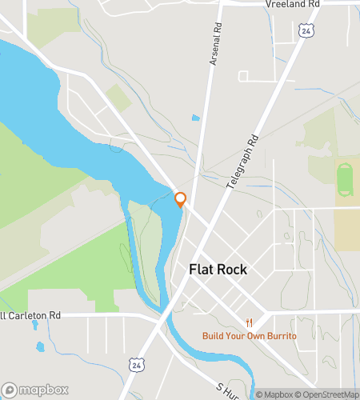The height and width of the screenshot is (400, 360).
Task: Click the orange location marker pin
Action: point(180,199)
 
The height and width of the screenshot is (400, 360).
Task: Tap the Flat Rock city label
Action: point(218,270)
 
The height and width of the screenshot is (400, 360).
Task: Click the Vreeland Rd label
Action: point(292,5)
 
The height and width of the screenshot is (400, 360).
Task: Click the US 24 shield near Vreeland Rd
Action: point(307,30)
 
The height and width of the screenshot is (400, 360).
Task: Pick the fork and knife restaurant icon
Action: point(250,323)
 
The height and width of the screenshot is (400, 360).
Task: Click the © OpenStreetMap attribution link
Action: point(327,394)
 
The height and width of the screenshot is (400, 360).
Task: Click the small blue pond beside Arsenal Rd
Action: point(195,118)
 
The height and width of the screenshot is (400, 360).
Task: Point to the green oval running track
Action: point(345,181)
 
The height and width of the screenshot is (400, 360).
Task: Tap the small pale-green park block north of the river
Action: point(118,98)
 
